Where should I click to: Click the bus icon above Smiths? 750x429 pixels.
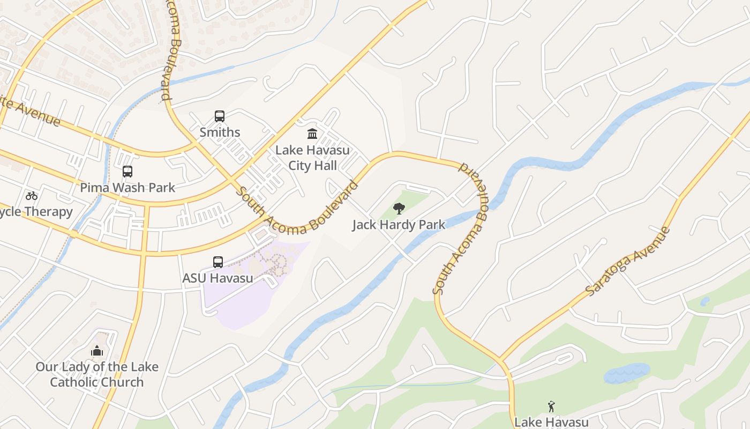220,116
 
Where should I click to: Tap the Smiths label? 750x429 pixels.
220,132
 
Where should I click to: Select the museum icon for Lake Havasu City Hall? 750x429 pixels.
312,134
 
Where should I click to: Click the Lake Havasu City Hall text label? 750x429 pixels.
312,158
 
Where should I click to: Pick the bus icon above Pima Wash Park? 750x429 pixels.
127,172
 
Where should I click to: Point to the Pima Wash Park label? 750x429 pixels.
127,187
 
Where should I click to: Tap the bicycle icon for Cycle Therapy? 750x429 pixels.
32,196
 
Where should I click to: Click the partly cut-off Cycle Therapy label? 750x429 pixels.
35,211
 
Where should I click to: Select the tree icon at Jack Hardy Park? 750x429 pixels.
399,209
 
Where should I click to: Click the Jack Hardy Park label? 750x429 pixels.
399,225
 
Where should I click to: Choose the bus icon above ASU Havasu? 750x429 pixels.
218,262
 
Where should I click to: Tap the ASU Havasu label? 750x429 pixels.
218,278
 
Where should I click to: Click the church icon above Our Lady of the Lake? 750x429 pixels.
97,351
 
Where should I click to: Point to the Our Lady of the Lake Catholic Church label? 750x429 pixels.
97,374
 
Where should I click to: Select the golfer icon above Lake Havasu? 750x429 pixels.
551,406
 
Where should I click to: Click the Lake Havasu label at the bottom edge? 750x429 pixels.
551,422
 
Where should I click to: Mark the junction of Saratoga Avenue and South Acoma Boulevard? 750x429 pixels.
500,360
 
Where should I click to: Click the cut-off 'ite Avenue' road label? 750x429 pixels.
29,110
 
